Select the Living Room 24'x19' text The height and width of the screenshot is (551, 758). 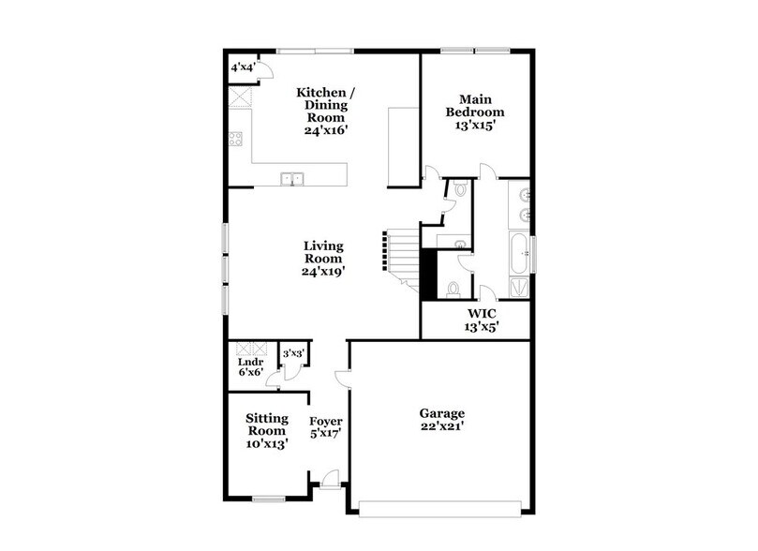pos(322,259)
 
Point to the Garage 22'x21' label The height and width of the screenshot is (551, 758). pos(442,418)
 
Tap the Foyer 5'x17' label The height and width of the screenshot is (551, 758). pos(326,427)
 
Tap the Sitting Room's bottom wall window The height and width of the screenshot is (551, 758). pos(269,497)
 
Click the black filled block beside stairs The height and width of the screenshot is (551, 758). pos(429,271)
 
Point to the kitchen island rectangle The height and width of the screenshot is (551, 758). pos(403,145)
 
